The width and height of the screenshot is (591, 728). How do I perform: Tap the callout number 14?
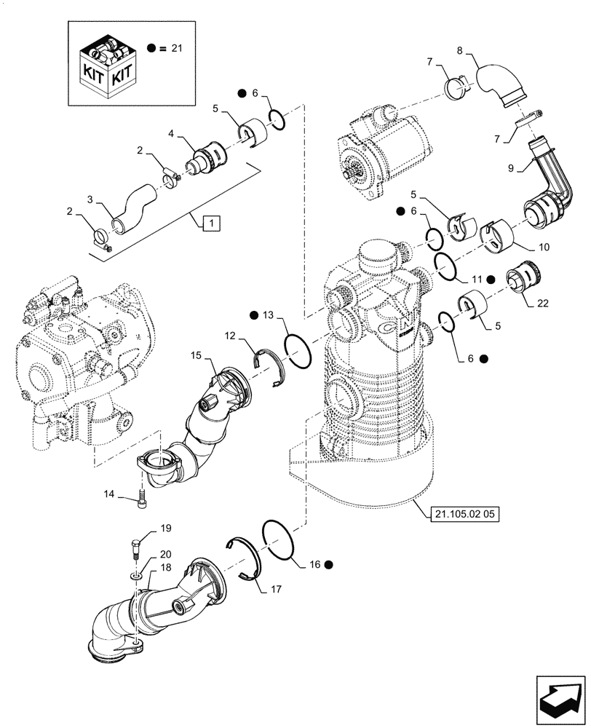(110, 494)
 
